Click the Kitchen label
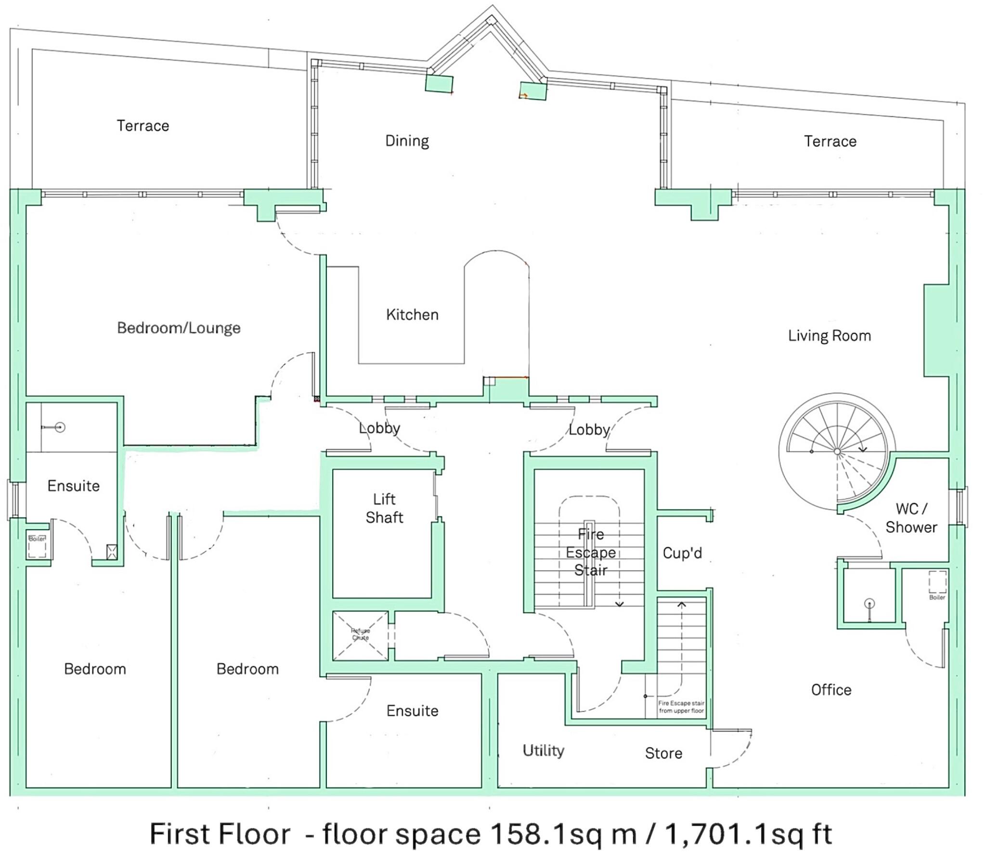(412, 315)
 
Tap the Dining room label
(407, 141)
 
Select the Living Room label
(829, 336)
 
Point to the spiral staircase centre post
(837, 452)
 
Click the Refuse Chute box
(360, 634)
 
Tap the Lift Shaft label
(384, 508)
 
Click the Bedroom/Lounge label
(179, 328)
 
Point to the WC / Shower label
(911, 518)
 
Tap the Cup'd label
(682, 553)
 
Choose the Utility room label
(543, 750)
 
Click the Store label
(663, 753)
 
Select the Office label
(831, 690)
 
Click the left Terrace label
(143, 126)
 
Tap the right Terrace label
(830, 141)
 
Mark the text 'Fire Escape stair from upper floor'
(681, 707)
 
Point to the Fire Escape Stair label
(591, 552)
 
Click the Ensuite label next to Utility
(412, 711)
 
